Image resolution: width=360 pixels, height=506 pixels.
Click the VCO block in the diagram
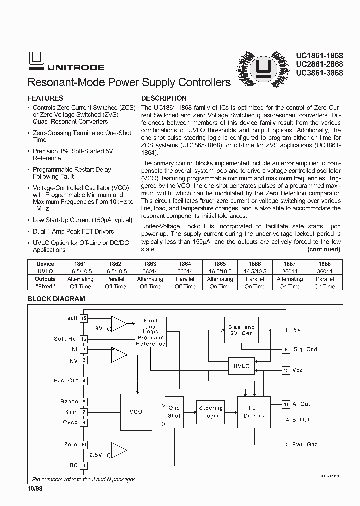pos(136,411)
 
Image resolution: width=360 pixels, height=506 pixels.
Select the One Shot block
pos(174,412)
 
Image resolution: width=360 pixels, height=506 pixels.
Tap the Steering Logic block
pos(211,412)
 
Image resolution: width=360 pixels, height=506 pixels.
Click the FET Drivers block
pos(254,412)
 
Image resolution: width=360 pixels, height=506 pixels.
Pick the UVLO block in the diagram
pos(242,366)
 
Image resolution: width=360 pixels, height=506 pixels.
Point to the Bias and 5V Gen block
pos(242,330)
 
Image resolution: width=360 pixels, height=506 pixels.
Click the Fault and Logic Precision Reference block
pos(151,332)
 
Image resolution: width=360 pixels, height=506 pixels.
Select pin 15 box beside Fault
pos(84,318)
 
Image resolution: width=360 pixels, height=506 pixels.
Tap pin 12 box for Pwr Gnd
pos(286,444)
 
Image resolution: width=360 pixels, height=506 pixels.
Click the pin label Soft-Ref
pos(66,339)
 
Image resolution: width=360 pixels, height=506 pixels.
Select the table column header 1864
pos(185,264)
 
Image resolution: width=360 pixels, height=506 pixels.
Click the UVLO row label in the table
pos(45,271)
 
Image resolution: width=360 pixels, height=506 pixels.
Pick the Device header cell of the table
pos(45,264)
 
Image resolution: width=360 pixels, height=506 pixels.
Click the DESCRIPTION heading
pos(164,98)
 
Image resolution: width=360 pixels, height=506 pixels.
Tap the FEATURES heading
pos(45,98)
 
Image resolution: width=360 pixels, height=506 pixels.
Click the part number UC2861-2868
pos(319,64)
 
